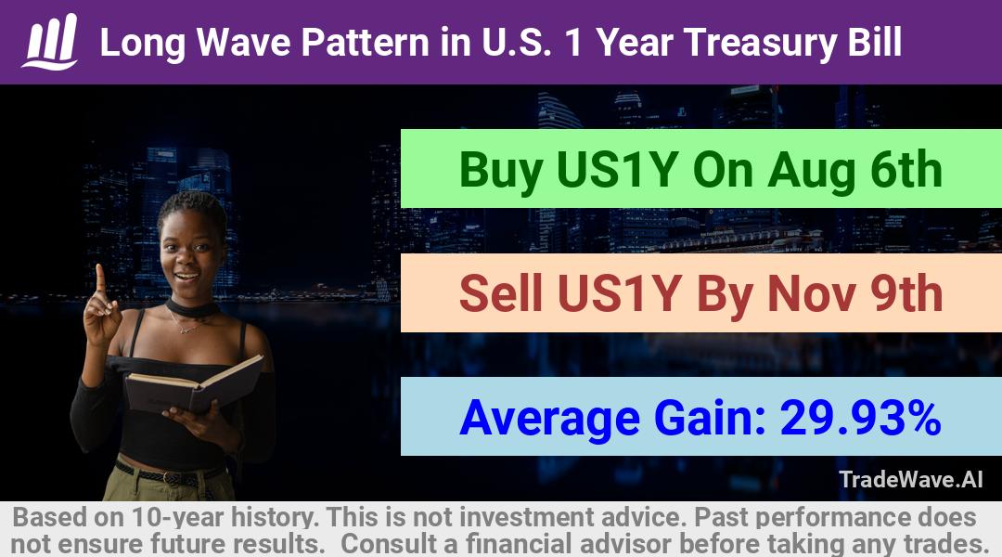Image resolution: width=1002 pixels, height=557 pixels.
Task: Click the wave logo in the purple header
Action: tap(50, 42)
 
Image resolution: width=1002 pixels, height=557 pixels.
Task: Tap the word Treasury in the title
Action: tap(760, 43)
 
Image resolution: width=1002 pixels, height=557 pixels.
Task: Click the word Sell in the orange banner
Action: tap(500, 293)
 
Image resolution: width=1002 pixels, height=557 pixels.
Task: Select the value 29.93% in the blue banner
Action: tap(860, 418)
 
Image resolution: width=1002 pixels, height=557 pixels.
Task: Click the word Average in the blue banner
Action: tap(549, 419)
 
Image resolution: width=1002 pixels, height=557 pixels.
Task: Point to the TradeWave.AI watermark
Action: tap(911, 479)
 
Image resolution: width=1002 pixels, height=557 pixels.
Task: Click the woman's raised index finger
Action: tap(100, 278)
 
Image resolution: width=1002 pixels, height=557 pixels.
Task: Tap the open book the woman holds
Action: tap(193, 383)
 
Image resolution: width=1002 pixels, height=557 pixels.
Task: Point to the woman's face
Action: tap(189, 255)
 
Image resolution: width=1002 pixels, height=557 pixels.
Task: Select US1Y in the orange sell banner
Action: tap(617, 293)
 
